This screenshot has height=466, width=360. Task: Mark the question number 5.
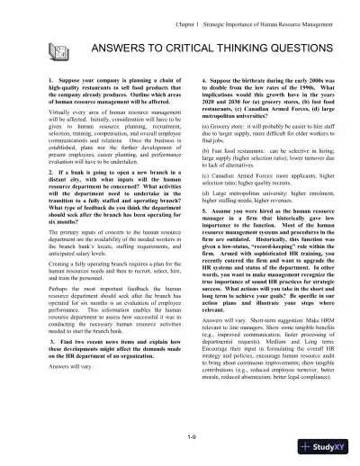(x=192, y=234)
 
